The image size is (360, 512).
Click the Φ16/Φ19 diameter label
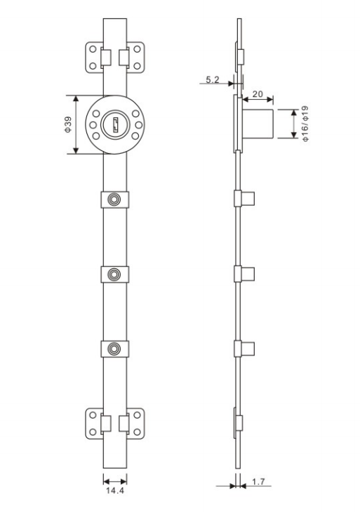click(305, 124)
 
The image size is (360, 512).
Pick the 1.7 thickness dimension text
click(258, 483)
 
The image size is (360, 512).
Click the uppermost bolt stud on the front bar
click(114, 201)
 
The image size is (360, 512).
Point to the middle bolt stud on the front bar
click(114, 273)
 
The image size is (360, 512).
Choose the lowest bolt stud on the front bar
click(114, 347)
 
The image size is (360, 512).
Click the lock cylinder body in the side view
click(258, 124)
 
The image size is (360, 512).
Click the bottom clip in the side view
click(240, 423)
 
